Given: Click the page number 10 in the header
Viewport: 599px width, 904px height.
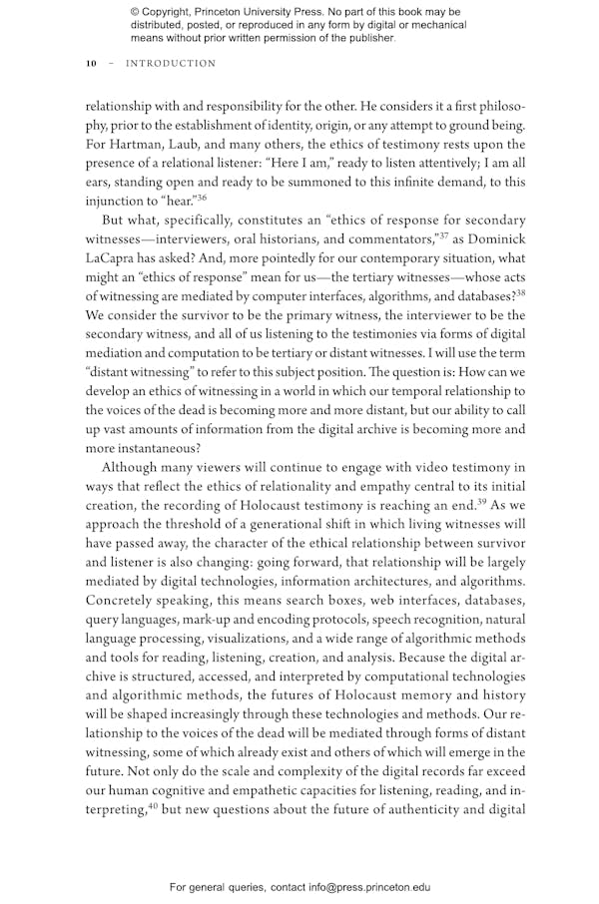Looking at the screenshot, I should point(91,64).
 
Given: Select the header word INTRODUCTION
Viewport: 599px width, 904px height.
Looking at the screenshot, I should point(171,64).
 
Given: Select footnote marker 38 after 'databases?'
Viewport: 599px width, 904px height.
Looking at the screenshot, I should point(519,291).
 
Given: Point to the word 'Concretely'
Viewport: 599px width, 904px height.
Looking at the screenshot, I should point(122,601).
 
